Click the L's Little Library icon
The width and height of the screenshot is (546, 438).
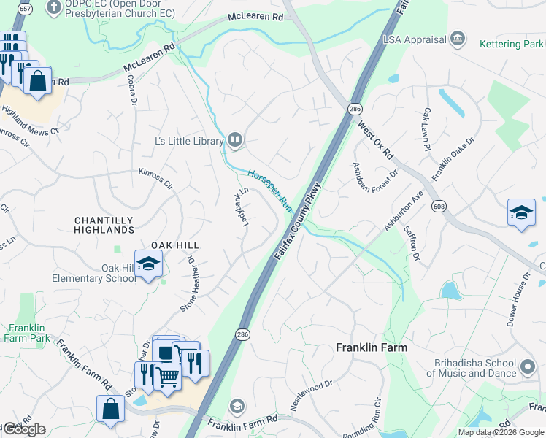click(x=234, y=139)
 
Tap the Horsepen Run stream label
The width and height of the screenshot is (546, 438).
click(x=269, y=192)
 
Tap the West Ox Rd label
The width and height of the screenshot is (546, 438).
click(x=375, y=141)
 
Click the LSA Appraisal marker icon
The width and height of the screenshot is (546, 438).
click(x=458, y=38)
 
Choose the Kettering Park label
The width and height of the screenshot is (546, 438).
click(x=511, y=44)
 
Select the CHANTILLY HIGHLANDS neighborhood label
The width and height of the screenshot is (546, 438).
click(x=104, y=225)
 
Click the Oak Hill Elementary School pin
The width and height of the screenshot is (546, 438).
click(x=148, y=264)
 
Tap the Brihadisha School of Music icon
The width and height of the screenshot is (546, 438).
click(x=528, y=366)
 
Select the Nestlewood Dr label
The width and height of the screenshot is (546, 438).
click(x=312, y=394)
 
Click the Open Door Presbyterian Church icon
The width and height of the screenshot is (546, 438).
click(x=53, y=8)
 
